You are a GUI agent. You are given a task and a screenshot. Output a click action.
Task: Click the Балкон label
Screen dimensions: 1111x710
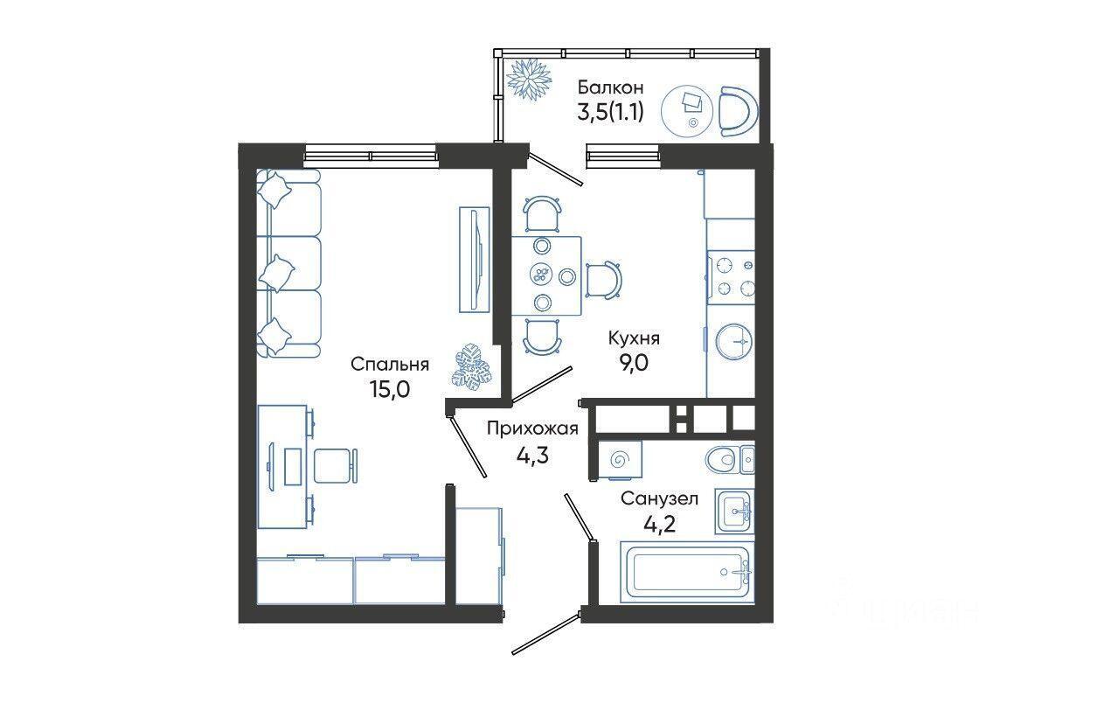pyautogui.click(x=610, y=87)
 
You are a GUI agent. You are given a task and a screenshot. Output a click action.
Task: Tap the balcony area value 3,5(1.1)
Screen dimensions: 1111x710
pyautogui.click(x=610, y=113)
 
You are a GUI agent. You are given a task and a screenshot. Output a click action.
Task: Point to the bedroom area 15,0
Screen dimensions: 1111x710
pyautogui.click(x=389, y=389)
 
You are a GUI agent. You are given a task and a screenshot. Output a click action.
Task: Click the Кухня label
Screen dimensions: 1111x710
pyautogui.click(x=634, y=338)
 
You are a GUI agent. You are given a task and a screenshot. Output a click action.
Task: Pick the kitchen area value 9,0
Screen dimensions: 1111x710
pyautogui.click(x=634, y=363)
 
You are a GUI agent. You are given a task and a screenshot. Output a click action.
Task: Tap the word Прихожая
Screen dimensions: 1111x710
pyautogui.click(x=532, y=428)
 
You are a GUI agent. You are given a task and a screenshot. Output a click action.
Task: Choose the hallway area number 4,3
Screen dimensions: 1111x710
pyautogui.click(x=532, y=454)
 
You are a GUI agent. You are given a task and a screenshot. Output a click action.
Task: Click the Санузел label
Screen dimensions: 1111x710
pyautogui.click(x=659, y=498)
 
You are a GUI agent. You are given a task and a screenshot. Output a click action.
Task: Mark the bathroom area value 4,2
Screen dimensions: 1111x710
pyautogui.click(x=659, y=524)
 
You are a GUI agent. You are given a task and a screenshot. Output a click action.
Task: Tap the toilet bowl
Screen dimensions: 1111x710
pyautogui.click(x=720, y=459)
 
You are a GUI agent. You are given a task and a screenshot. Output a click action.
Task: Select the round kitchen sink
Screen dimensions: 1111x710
pyautogui.click(x=733, y=341)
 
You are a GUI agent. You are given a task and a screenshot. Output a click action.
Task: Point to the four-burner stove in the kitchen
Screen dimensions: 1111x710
pyautogui.click(x=731, y=277)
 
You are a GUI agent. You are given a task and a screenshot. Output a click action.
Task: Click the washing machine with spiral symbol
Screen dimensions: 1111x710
pyautogui.click(x=620, y=460)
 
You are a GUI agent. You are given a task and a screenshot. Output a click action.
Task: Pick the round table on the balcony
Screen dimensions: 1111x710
pyautogui.click(x=688, y=112)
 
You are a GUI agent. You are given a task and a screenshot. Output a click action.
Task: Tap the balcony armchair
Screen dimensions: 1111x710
pyautogui.click(x=738, y=111)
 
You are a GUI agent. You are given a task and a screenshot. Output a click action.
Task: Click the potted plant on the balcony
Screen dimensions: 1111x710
pyautogui.click(x=529, y=80)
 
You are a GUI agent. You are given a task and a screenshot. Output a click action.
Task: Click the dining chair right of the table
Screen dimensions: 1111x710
pyautogui.click(x=604, y=280)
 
